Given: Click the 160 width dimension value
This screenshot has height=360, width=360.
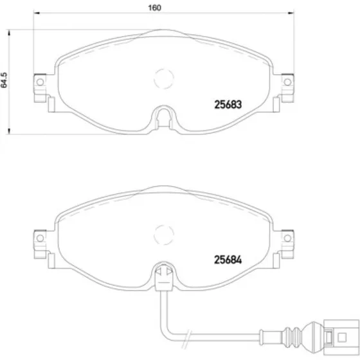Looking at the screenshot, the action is pyautogui.click(x=154, y=8).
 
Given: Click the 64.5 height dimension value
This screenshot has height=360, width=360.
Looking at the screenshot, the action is pyautogui.click(x=4, y=80).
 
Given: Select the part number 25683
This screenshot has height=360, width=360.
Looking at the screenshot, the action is pyautogui.click(x=228, y=104).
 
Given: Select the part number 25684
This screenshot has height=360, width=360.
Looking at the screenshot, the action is pyautogui.click(x=228, y=260).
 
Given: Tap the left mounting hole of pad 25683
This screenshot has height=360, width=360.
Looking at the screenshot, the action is pyautogui.click(x=40, y=82).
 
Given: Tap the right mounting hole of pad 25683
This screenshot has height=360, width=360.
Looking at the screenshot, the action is pyautogui.click(x=287, y=82).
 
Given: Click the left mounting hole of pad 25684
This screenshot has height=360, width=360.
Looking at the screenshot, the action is pyautogui.click(x=40, y=238).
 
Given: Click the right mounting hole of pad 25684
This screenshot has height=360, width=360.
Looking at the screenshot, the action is pyautogui.click(x=287, y=238).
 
